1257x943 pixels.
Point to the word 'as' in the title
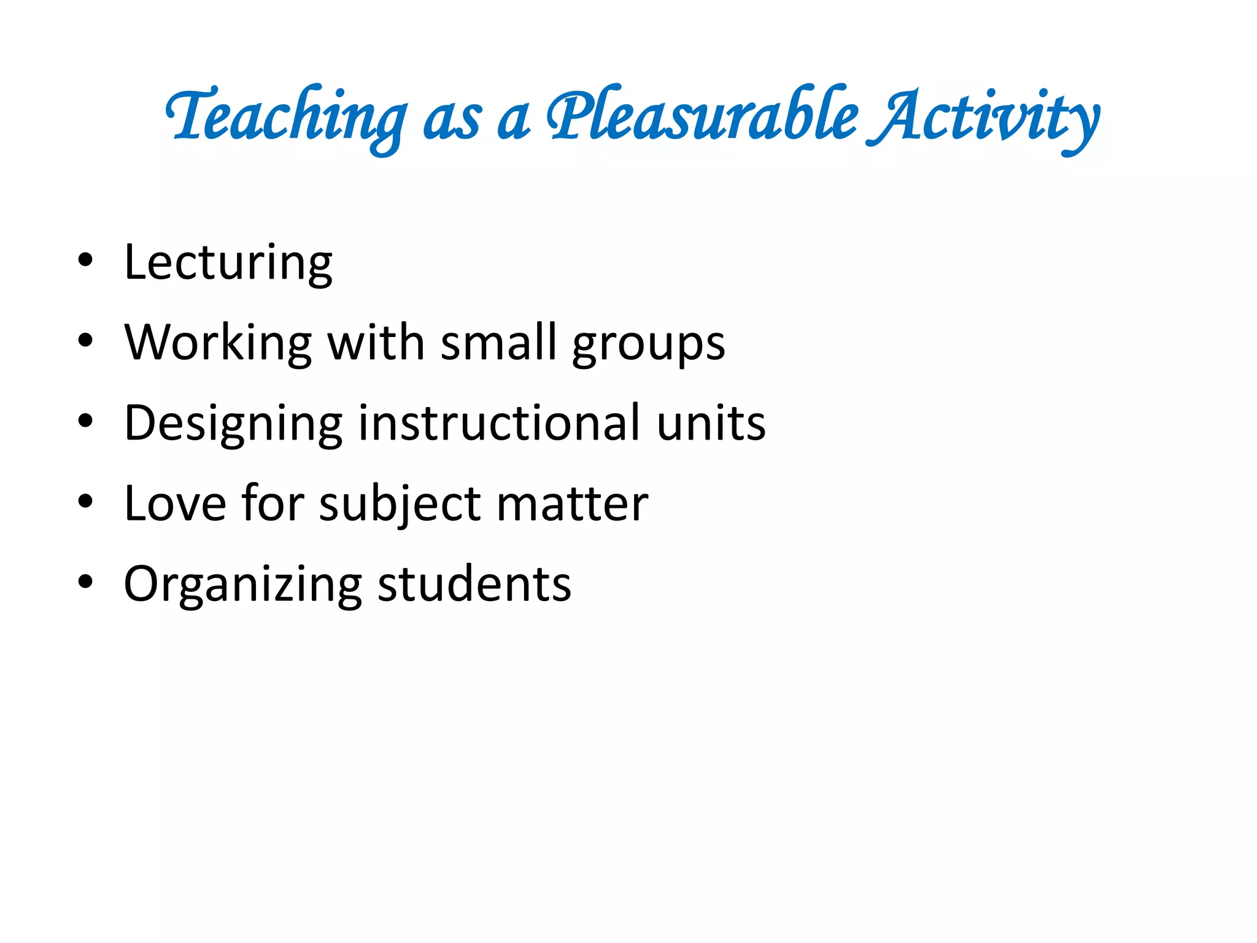(452, 120)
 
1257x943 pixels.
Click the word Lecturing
(228, 263)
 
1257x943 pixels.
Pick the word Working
(219, 343)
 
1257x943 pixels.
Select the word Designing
(233, 424)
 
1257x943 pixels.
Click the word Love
(176, 503)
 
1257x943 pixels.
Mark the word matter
(572, 503)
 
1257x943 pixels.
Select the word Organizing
(243, 584)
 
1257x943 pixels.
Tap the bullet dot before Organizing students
(85, 581)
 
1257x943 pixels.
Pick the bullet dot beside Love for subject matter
(85, 501)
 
